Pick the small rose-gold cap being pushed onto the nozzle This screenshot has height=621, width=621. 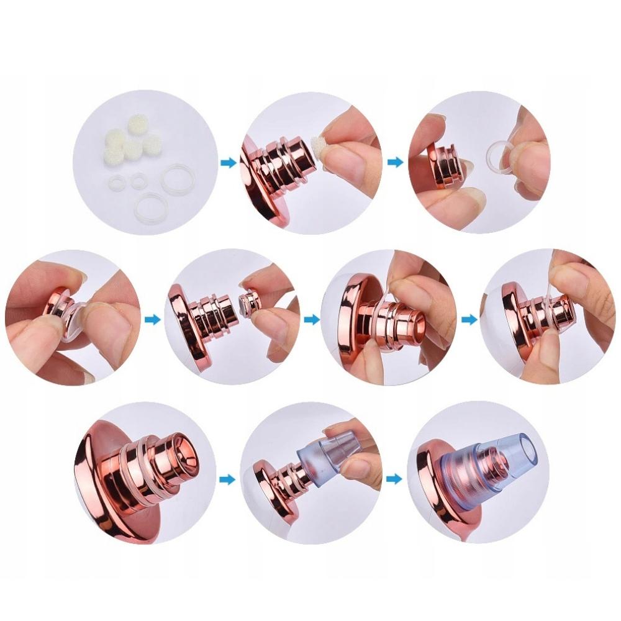coord(250,302)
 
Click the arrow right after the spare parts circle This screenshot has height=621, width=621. coord(229,163)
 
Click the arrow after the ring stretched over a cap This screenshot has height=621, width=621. coord(152,320)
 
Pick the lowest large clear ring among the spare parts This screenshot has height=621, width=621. coord(150,204)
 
